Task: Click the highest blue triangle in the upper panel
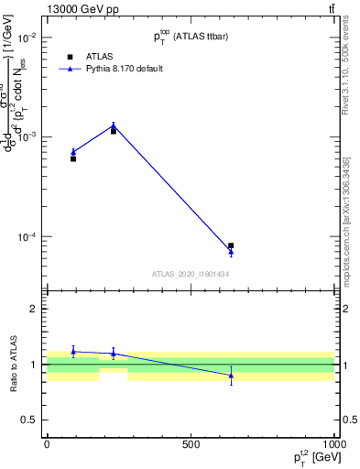click(x=114, y=125)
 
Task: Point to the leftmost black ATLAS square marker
click(x=73, y=158)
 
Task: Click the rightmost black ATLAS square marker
click(x=231, y=245)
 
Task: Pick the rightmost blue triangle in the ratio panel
click(x=231, y=376)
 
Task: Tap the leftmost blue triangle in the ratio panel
click(x=73, y=351)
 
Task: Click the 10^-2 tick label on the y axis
click(x=27, y=38)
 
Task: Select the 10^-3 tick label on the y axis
click(x=27, y=137)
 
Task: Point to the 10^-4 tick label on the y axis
click(x=27, y=237)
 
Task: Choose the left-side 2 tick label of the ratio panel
click(x=33, y=310)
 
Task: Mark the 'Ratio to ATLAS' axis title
click(x=12, y=365)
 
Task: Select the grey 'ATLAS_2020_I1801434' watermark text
click(x=191, y=274)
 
